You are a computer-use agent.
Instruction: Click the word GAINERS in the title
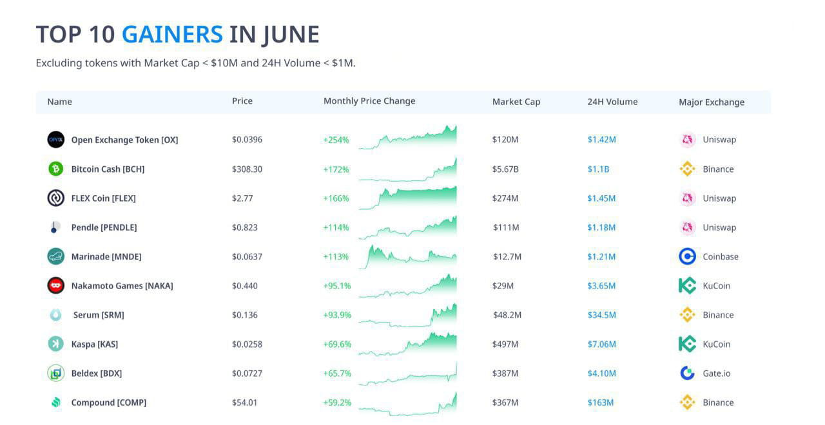(172, 34)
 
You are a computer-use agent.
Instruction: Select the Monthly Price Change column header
(369, 101)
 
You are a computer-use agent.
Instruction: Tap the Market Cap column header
(516, 102)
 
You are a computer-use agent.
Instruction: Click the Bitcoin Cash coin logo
(56, 169)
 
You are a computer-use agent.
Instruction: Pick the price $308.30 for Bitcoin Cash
(247, 169)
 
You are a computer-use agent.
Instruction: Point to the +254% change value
(336, 140)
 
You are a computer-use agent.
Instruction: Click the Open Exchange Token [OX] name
(124, 140)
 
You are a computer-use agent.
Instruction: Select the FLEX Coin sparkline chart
(408, 198)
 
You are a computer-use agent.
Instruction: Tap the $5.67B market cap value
(505, 169)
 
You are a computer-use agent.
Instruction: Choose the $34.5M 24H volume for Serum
(601, 315)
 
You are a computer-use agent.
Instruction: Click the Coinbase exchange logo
(688, 256)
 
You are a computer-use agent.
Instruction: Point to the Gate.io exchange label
(717, 373)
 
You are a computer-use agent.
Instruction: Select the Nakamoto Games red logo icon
(56, 285)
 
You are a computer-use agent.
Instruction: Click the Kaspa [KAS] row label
(95, 345)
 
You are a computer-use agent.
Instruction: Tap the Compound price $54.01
(244, 402)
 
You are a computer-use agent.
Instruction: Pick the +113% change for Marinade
(336, 256)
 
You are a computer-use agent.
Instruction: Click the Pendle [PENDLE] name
(104, 227)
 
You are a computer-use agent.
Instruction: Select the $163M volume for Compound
(600, 402)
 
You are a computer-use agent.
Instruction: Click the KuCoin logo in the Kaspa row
(688, 344)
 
